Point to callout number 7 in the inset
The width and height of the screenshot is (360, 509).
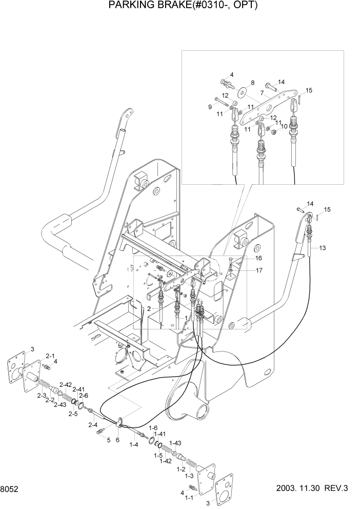click(262, 93)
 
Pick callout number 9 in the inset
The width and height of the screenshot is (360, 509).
click(210, 107)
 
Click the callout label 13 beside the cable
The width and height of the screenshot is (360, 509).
click(322, 248)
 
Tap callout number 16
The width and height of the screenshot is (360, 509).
click(259, 258)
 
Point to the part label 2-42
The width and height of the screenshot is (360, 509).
click(65, 384)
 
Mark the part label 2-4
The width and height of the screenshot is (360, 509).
click(92, 425)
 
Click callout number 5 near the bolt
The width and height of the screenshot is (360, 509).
click(108, 440)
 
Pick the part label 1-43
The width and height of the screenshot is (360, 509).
click(175, 443)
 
